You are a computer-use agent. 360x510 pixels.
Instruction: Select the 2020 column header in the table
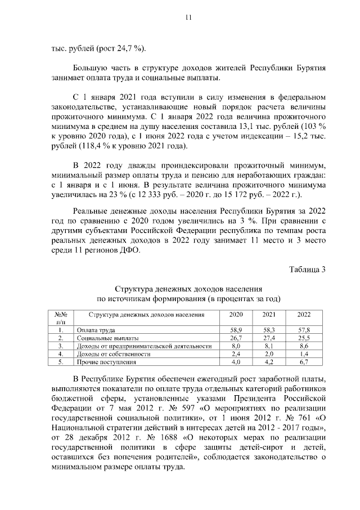(x=236, y=315)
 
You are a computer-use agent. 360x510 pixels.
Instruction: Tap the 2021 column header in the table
(x=269, y=315)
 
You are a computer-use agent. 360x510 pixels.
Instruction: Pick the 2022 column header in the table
(x=304, y=315)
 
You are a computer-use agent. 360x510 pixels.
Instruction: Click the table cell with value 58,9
(x=236, y=329)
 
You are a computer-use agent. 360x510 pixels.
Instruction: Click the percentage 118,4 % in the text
(x=92, y=146)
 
